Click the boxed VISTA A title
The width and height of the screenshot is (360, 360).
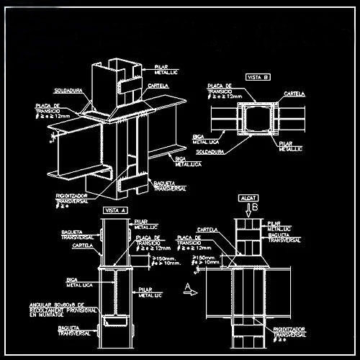(116, 210)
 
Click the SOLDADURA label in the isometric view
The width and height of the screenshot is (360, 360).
(68, 91)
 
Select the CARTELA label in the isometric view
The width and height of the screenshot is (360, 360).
(158, 86)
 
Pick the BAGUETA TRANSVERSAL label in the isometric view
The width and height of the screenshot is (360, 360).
(170, 186)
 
